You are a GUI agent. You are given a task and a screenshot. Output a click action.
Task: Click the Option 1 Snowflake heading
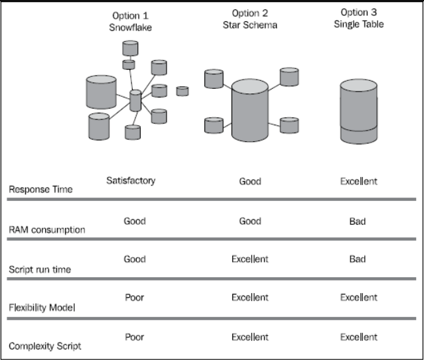tap(130, 22)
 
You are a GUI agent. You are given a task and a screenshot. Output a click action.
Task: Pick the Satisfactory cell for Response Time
tap(131, 180)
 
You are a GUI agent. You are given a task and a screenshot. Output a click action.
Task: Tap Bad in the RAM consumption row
tap(358, 221)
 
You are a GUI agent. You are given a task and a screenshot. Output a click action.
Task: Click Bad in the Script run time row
tap(358, 259)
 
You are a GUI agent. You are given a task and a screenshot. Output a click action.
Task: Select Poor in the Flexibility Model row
tap(135, 298)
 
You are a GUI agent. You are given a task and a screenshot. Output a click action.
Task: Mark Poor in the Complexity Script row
tap(135, 337)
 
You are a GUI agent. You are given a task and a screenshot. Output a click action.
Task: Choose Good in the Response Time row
tap(249, 181)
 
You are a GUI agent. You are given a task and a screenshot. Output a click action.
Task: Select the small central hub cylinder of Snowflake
tap(135, 101)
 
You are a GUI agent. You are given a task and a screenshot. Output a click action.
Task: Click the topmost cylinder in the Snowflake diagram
tap(131, 48)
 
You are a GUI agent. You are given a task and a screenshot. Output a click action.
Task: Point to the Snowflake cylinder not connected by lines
tap(182, 91)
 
